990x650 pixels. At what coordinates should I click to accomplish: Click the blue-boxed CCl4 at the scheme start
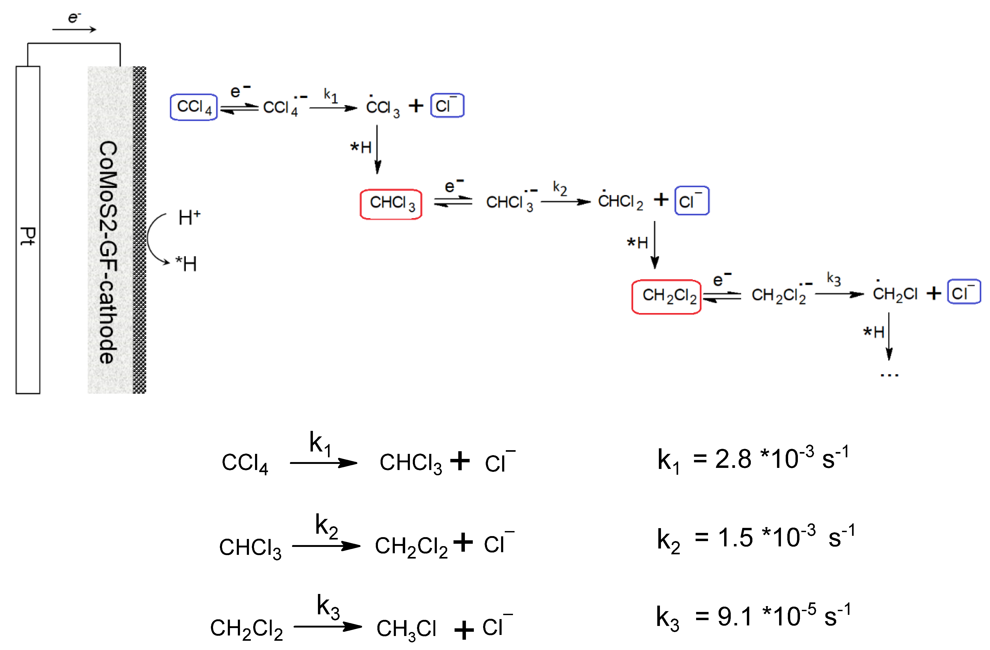[193, 107]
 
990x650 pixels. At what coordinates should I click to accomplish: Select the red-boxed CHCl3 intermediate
[391, 204]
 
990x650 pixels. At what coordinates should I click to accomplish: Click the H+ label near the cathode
[189, 217]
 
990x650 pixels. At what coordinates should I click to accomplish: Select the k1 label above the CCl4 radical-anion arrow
[331, 95]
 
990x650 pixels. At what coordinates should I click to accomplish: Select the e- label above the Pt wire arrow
[74, 17]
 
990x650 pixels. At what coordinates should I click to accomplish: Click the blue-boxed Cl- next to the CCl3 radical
[447, 106]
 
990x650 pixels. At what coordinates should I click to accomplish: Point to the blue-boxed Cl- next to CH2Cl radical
[964, 293]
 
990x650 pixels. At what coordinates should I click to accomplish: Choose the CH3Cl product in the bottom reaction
[406, 628]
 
